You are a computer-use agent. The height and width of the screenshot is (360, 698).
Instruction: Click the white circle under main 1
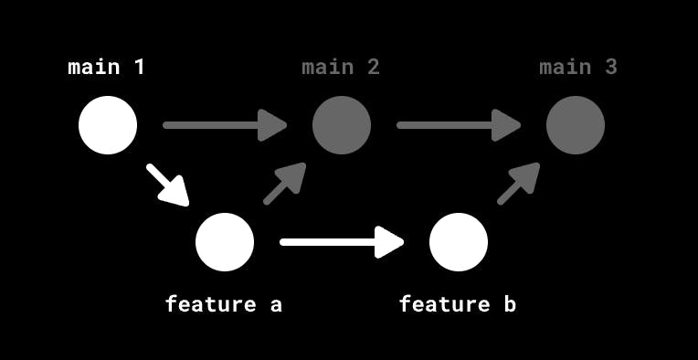[108, 125]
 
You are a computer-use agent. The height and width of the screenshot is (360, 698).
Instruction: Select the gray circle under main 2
[342, 125]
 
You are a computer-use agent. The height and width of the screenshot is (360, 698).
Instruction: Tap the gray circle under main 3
[576, 125]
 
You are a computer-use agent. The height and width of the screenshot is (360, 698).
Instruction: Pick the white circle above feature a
[225, 242]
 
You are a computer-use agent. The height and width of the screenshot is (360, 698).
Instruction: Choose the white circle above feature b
[459, 242]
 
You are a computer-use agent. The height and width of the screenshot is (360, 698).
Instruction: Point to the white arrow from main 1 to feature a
[167, 185]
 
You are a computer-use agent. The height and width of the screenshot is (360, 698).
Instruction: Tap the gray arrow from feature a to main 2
[284, 184]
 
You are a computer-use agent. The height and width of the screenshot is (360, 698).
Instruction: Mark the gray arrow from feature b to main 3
[518, 184]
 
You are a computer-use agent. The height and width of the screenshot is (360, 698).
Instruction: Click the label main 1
[107, 67]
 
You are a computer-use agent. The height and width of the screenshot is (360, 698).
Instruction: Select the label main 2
[341, 67]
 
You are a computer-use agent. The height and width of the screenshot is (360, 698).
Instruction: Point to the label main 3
[578, 67]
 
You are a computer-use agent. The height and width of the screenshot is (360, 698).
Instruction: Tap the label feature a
[224, 304]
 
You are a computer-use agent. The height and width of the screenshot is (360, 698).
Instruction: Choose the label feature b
[458, 304]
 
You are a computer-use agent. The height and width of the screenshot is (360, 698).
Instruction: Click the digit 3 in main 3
[610, 67]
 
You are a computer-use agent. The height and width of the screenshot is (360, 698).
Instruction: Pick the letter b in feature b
[510, 304]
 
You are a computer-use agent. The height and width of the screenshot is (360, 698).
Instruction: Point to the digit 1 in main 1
[139, 67]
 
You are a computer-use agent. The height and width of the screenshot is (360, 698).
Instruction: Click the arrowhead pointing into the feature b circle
[390, 242]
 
